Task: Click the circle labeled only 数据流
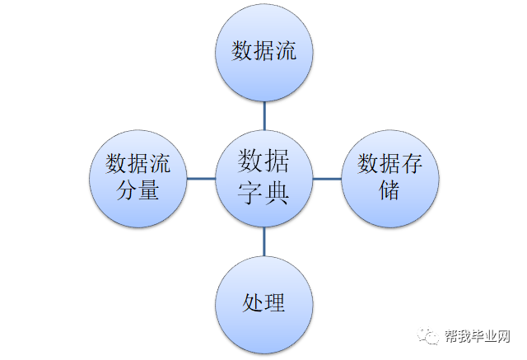263,53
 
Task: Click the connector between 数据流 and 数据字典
263,115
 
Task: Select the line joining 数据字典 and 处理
263,241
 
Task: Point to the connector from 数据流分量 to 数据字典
201,179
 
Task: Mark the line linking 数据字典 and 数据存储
326,179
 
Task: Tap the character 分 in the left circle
127,190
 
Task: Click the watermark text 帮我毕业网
480,337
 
